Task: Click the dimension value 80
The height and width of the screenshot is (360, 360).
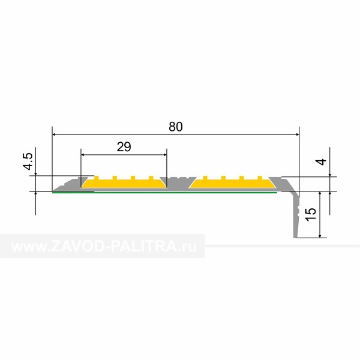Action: [176, 127]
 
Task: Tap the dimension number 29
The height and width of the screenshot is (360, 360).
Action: [124, 147]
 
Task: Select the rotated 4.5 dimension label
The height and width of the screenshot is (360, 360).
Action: [28, 161]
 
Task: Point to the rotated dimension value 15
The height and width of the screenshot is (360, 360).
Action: [311, 214]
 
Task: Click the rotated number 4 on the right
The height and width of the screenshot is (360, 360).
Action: [322, 162]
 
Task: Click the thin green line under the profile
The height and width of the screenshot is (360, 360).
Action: [164, 193]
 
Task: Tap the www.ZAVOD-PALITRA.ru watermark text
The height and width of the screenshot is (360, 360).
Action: [104, 247]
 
